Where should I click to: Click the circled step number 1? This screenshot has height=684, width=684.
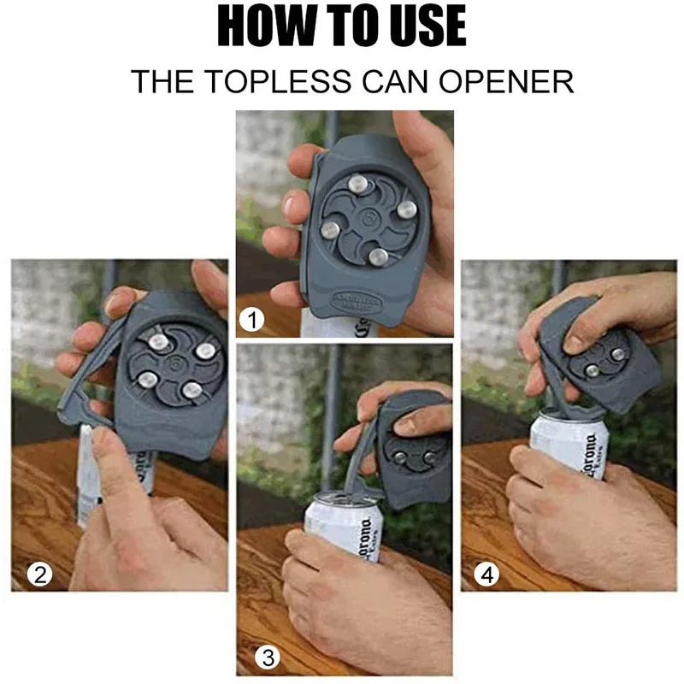(251, 321)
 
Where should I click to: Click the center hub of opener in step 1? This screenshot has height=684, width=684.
(369, 219)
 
